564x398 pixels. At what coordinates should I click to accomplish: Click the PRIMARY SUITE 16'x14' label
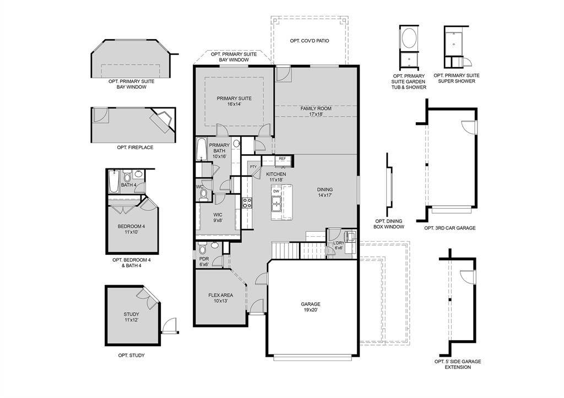(x=234, y=101)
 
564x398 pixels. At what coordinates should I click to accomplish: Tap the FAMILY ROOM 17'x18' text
(x=316, y=111)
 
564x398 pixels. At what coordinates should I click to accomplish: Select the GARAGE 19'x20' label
(x=310, y=307)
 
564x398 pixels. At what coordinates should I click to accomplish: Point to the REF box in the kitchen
(x=282, y=159)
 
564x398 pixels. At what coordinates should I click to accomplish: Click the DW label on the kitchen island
(x=276, y=192)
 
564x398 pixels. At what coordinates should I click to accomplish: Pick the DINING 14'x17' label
(x=325, y=192)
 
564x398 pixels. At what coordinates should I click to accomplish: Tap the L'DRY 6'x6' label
(x=339, y=246)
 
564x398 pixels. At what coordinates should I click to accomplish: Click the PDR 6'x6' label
(x=203, y=261)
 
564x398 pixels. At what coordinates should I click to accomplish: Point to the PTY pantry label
(x=253, y=167)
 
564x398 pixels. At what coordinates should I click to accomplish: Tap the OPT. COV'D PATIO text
(x=310, y=41)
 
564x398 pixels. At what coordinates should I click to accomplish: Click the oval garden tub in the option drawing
(x=409, y=39)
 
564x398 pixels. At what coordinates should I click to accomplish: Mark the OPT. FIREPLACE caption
(x=135, y=148)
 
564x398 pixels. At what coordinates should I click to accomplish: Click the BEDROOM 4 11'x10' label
(x=131, y=229)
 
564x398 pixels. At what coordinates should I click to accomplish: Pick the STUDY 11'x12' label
(x=131, y=317)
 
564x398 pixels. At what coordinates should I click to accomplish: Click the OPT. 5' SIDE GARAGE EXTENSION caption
(x=457, y=364)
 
